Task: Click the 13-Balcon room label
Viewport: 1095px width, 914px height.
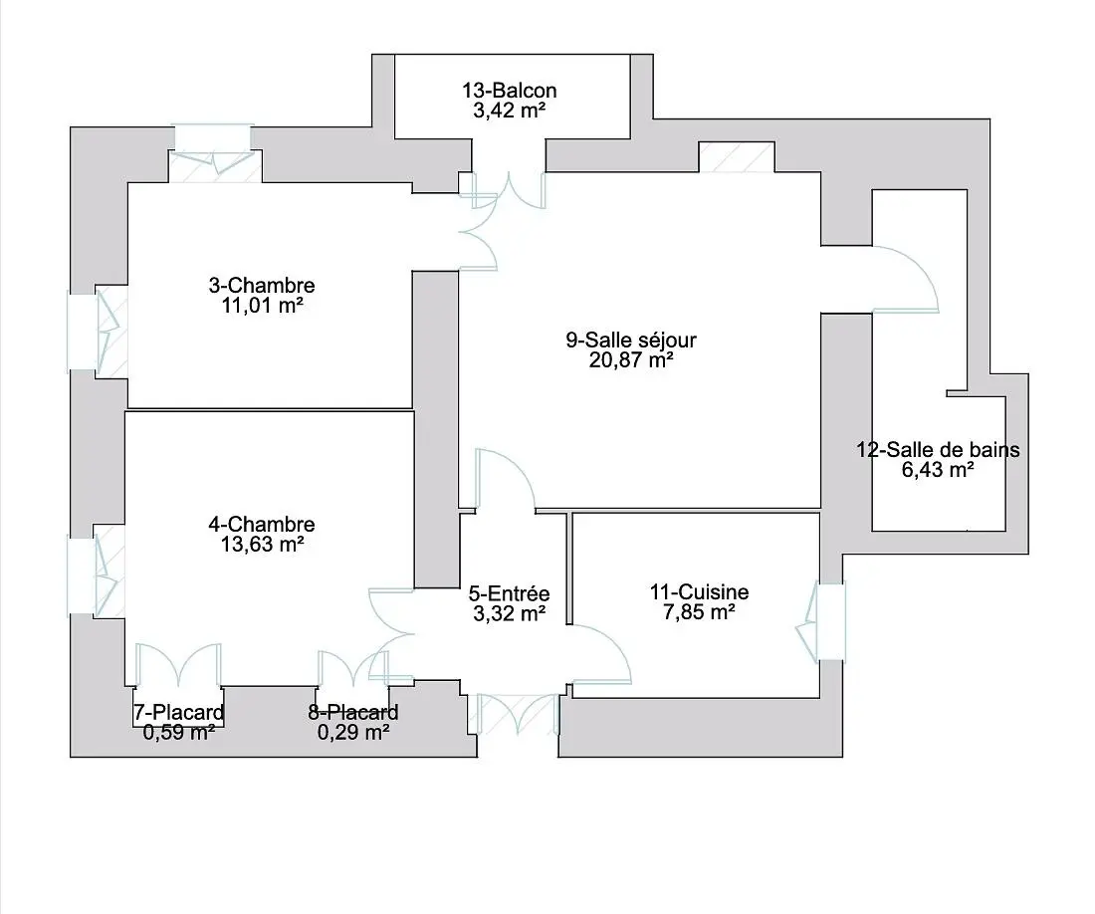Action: point(509,92)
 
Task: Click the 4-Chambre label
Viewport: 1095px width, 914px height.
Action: point(262,525)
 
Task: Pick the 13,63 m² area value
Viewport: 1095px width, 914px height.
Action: point(262,545)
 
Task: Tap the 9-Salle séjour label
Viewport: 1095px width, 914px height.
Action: point(631,341)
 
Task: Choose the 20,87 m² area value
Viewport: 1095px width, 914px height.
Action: point(631,360)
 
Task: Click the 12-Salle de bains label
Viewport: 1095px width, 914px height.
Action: point(938,450)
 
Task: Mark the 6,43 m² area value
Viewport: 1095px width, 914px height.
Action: point(938,470)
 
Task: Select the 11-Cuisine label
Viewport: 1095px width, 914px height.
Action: point(699,593)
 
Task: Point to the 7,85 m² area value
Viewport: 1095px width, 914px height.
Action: point(699,613)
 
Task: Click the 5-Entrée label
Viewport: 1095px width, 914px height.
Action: point(509,594)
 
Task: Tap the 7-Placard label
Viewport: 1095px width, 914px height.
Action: point(178,713)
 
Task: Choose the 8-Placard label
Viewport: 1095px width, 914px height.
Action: point(352,713)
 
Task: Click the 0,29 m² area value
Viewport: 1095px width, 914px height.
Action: point(352,733)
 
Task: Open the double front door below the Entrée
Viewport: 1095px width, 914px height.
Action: point(515,715)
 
